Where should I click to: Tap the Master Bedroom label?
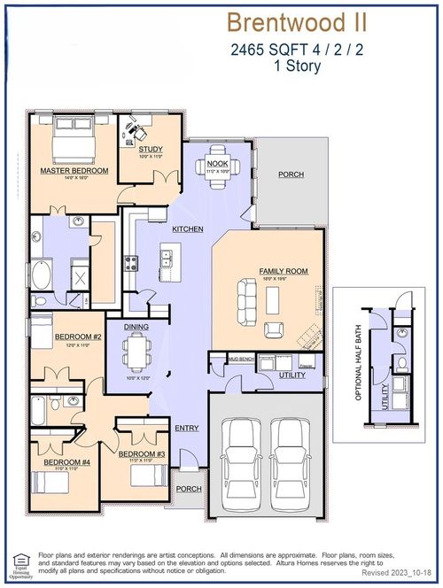[x=74, y=170]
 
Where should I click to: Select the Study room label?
[x=151, y=150]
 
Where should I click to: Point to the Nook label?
[x=217, y=163]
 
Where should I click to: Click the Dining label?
[x=136, y=328]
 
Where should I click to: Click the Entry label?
[x=187, y=429]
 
